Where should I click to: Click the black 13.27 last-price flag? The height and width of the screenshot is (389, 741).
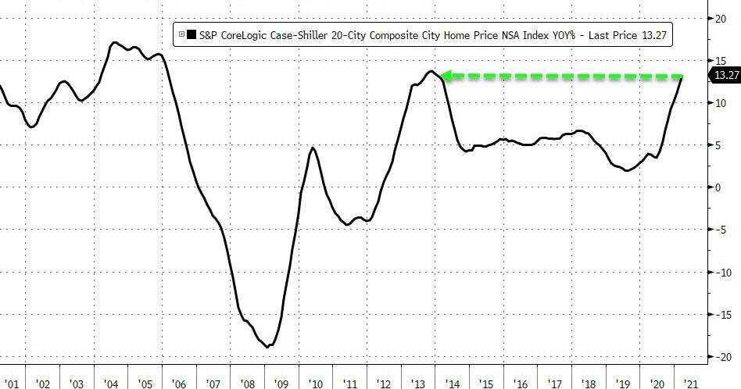(x=724, y=75)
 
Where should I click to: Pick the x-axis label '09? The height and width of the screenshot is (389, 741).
(x=282, y=384)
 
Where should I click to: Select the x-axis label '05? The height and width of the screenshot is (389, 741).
(x=145, y=384)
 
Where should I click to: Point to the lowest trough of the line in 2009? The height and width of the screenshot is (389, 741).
(x=269, y=346)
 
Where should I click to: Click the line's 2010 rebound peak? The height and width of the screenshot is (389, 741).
(x=313, y=148)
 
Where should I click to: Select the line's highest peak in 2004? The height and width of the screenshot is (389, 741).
(x=114, y=43)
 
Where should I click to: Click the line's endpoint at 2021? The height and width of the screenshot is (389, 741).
(x=682, y=77)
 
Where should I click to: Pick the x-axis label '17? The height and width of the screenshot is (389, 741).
(x=557, y=384)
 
